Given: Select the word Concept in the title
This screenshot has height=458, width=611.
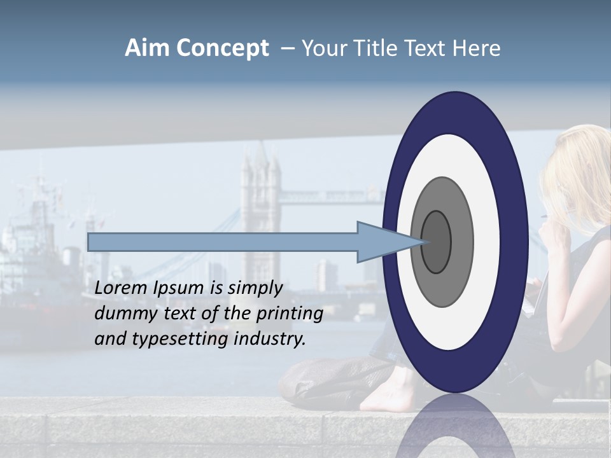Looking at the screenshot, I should tap(222, 48).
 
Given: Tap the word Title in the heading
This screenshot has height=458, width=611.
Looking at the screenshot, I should tap(376, 48).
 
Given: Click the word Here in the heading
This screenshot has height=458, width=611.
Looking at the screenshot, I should tap(477, 48).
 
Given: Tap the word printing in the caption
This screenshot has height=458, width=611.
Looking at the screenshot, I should tap(289, 314).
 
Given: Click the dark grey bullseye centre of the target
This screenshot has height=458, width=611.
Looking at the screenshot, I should tap(437, 242).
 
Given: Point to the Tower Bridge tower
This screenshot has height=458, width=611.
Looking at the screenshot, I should tap(260, 191).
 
